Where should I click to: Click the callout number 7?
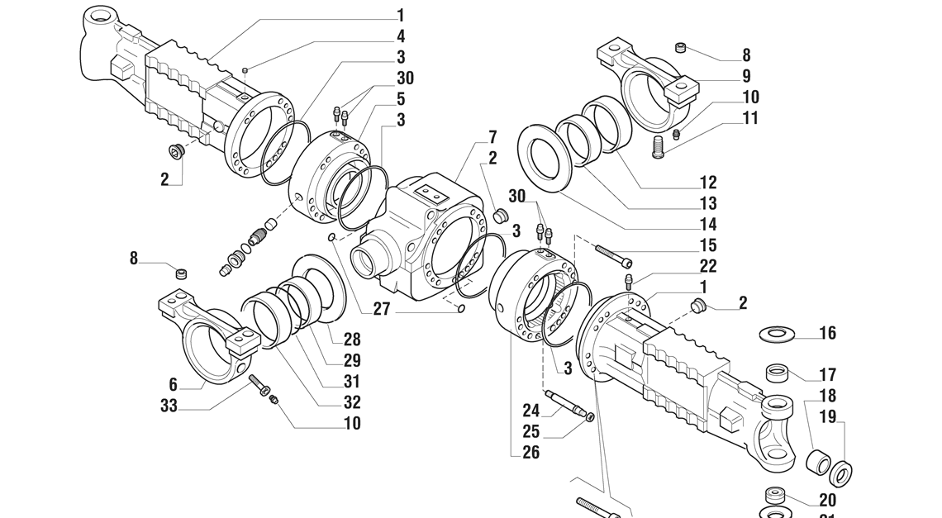click(x=492, y=135)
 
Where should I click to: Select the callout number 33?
click(x=169, y=405)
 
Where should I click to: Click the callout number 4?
click(x=401, y=36)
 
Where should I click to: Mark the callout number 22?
click(x=707, y=266)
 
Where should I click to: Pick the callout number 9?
click(x=745, y=76)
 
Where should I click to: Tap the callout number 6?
click(x=174, y=384)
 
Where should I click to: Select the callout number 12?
click(x=707, y=182)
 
